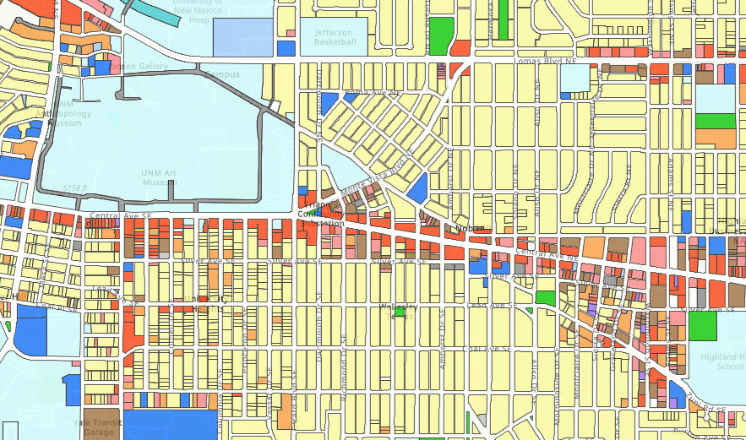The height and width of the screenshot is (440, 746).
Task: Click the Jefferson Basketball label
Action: [334, 37]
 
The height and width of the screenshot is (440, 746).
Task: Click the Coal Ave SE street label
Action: [487, 348]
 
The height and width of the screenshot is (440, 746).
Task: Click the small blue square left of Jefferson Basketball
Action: [286, 48]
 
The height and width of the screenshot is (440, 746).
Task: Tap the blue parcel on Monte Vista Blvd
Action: [417, 187]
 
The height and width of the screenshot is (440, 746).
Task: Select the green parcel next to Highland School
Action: [701, 327]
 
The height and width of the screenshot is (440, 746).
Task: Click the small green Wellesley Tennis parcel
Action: [399, 312]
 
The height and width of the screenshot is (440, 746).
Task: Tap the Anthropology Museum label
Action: [58, 117]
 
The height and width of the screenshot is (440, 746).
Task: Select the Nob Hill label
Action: [464, 228]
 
